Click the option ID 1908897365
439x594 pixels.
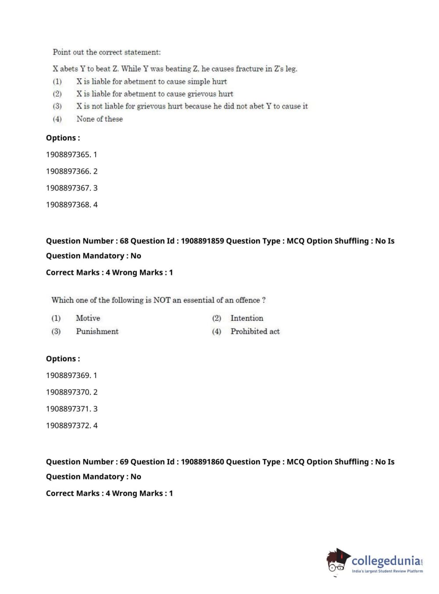coord(68,155)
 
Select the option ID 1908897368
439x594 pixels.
coord(68,205)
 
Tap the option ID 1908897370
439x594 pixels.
coord(68,392)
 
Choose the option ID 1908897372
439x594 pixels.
coord(68,425)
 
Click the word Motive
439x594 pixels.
coord(88,318)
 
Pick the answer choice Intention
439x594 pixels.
coord(247,318)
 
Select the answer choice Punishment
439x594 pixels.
coord(97,331)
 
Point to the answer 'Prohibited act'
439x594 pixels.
coord(255,331)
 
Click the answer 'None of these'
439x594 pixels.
coord(100,119)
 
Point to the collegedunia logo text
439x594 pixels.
coord(386,560)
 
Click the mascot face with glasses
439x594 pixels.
coord(337,562)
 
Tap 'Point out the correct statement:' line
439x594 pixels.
coord(107,52)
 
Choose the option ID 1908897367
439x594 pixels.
coord(68,188)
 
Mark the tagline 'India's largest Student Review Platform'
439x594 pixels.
coord(387,571)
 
